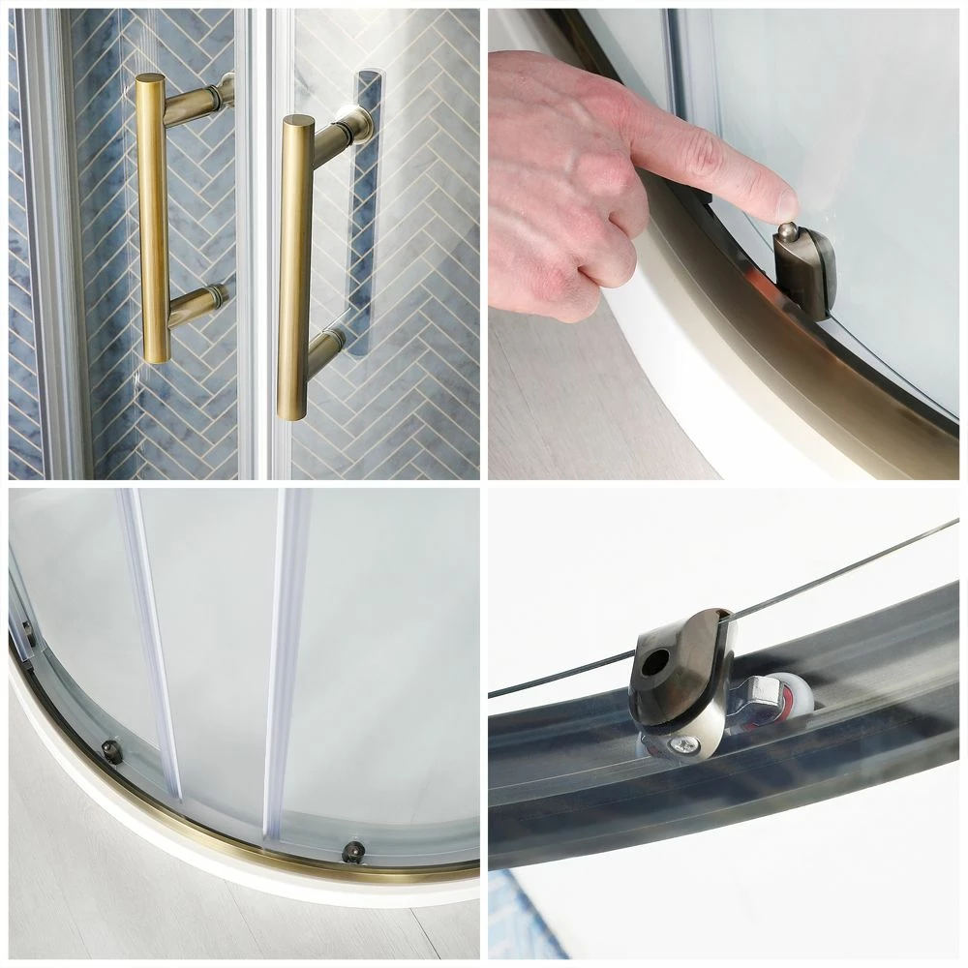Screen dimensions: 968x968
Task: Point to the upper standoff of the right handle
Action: tap(345, 131)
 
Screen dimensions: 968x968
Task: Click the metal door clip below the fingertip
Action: tap(803, 276)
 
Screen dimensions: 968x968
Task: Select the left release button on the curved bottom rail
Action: tap(112, 751)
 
